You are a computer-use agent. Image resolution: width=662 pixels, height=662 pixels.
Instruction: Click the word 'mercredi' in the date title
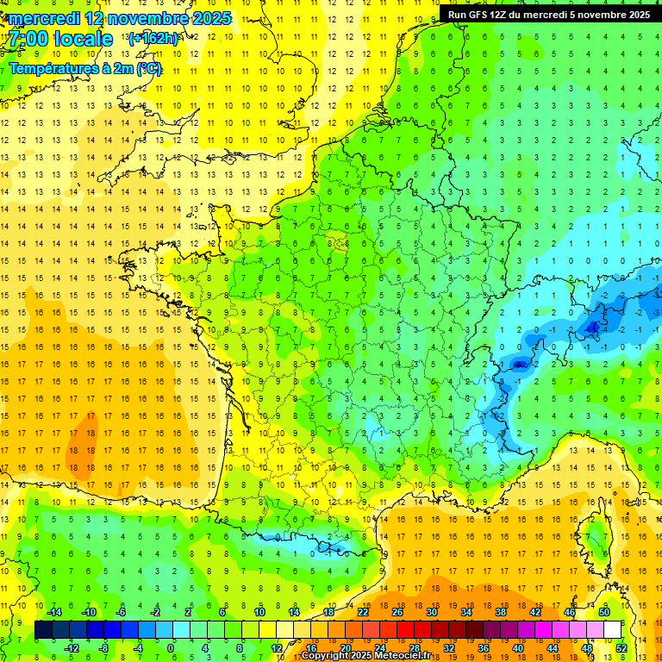tap(45, 18)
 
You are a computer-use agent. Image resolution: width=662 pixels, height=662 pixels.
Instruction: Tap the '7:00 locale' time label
tap(61, 39)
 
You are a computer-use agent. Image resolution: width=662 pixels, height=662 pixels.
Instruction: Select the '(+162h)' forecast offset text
tap(153, 38)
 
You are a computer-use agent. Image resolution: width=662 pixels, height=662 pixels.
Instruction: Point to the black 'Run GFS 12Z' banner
tap(549, 14)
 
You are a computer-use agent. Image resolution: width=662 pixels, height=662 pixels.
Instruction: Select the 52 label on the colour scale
tap(621, 647)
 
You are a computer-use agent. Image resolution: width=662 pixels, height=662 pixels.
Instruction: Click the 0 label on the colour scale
tap(171, 647)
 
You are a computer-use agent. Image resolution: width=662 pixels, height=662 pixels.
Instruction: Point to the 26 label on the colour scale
tap(397, 612)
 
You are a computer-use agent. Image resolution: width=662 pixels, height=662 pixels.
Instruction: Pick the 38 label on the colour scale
tap(501, 612)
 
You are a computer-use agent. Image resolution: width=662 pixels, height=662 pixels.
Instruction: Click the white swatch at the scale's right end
tap(613, 629)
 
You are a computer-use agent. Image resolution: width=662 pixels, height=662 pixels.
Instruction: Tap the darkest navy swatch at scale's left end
tap(43, 629)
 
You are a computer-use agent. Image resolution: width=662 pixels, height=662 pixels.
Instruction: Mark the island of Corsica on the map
tap(595, 534)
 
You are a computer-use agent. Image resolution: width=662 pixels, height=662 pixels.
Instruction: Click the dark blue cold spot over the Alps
tap(593, 327)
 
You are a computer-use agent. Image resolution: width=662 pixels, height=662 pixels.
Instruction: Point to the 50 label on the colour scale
tap(604, 612)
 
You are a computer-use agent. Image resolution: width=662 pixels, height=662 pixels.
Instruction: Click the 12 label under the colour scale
tap(277, 647)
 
